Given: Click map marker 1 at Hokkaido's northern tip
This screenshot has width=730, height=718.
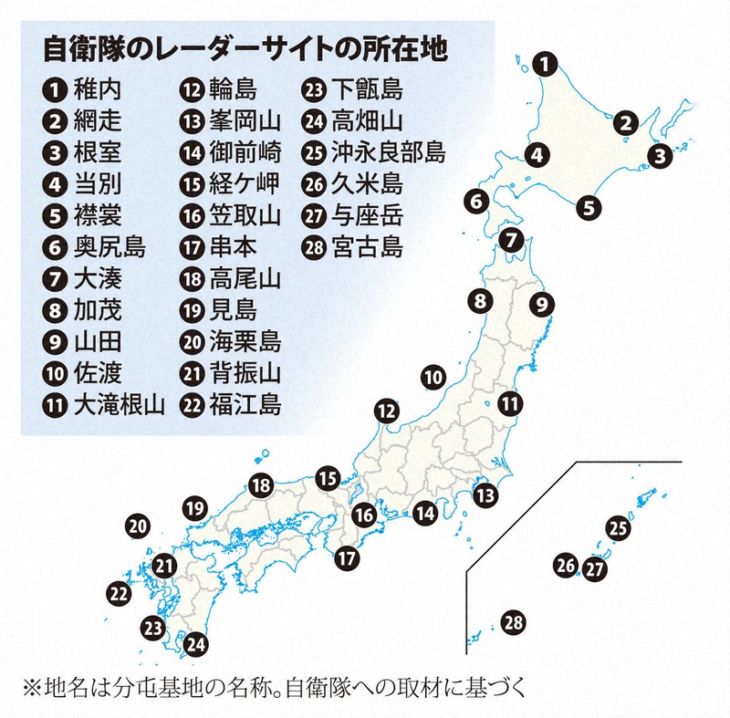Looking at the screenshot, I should pos(544,64).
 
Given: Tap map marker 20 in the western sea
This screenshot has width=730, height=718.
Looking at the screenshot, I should pos(138,525).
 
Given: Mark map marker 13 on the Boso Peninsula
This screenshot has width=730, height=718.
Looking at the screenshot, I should pos(486,495).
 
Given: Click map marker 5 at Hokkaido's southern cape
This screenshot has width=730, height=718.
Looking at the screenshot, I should pos(589,207).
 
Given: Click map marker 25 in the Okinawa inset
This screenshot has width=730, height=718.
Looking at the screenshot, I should pos(619,526).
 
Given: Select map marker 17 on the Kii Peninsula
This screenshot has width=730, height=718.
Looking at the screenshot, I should pos(347,557).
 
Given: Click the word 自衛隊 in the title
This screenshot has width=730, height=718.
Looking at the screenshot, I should pos(76,51).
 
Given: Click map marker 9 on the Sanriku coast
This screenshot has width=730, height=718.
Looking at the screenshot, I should pos(541,304).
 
